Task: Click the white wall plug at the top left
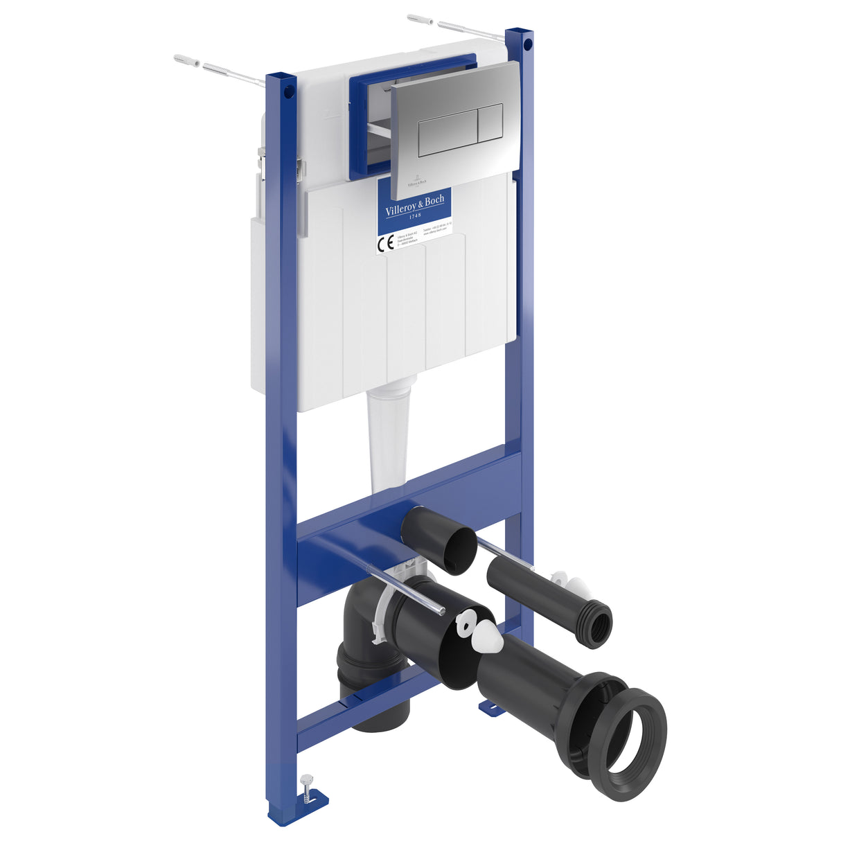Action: click(x=186, y=60)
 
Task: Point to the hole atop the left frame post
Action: click(x=290, y=91)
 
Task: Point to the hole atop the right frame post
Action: click(x=528, y=45)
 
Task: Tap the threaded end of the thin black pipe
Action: click(x=596, y=624)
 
